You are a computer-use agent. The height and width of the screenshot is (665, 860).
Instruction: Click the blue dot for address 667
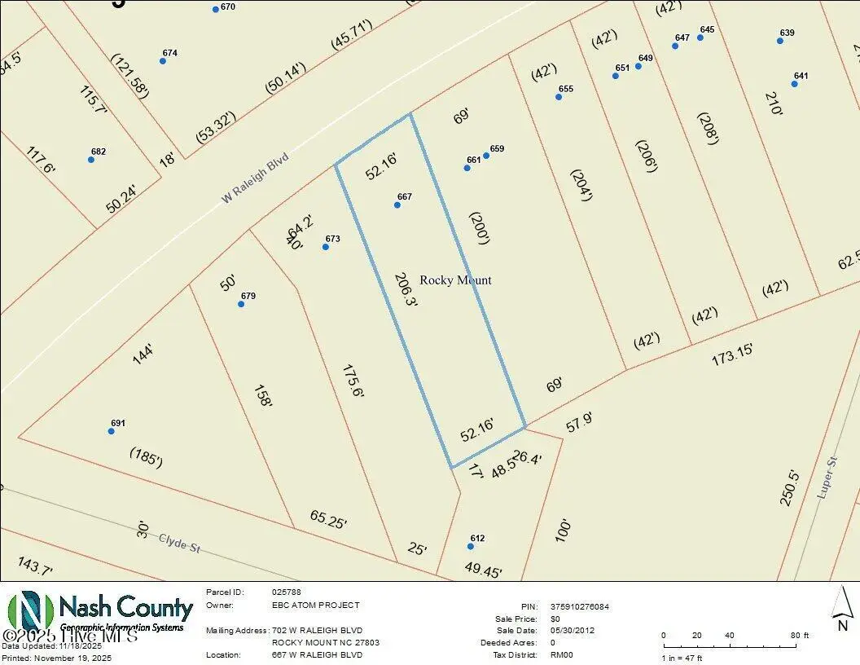click(397, 205)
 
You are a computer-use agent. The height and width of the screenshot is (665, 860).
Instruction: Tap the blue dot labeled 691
click(112, 431)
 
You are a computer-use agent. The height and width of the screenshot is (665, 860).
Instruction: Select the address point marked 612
click(471, 546)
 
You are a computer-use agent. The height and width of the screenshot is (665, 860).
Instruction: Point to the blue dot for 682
click(91, 160)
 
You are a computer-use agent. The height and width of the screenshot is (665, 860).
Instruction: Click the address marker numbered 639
click(780, 41)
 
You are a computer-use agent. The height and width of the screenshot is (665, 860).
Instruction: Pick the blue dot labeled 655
click(559, 97)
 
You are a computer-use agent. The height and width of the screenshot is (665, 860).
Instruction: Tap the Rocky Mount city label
click(455, 280)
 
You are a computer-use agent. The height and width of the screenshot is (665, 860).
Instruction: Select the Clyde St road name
click(179, 543)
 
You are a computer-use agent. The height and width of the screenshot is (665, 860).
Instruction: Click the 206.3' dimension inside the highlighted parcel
click(404, 290)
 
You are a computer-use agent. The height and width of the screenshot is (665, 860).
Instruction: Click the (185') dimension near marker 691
click(146, 458)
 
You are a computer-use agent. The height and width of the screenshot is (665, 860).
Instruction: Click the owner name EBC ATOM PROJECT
click(315, 606)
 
